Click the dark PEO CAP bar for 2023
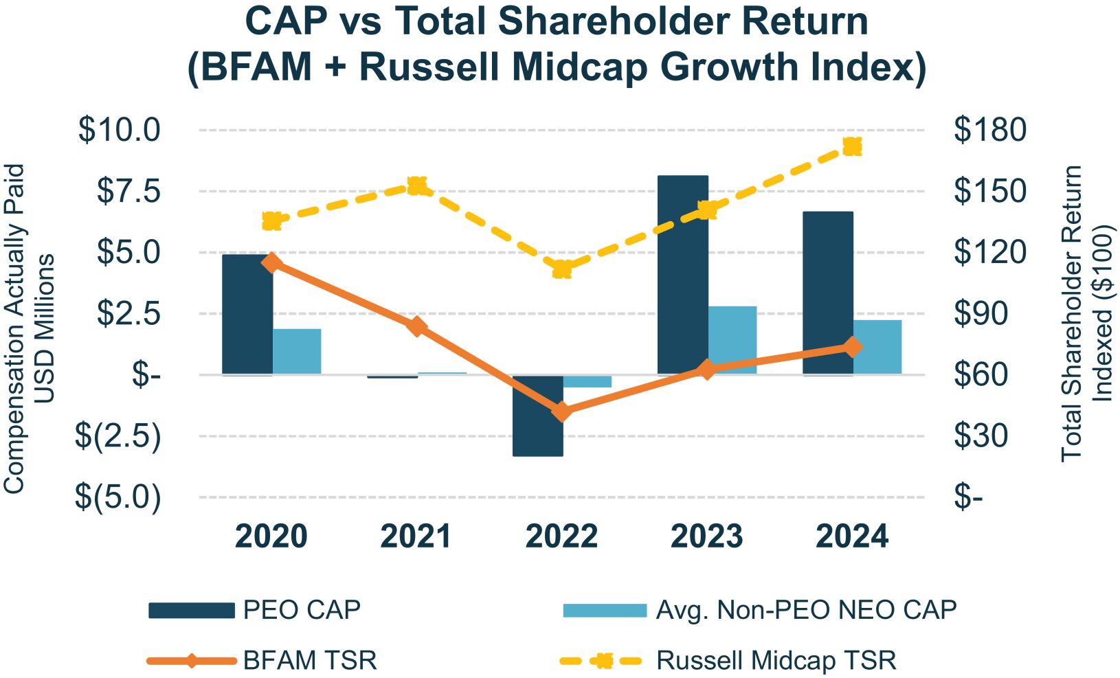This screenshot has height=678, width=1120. point(682,275)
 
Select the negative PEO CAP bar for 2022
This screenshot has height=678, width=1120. point(537,416)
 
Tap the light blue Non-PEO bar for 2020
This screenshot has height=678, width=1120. point(297,351)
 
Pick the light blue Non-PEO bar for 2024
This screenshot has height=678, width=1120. point(877,347)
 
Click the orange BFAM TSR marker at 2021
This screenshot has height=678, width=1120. point(416,326)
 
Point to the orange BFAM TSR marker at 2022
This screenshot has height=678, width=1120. point(562,412)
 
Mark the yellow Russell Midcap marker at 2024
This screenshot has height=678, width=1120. point(852,147)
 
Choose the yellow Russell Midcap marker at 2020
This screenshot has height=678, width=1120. point(272,221)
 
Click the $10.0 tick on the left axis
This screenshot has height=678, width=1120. point(120,130)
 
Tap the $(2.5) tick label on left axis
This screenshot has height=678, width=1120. point(118,436)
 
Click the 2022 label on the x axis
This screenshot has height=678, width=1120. point(561,536)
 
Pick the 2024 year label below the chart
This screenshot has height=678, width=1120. point(852,536)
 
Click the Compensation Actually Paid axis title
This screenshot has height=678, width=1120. point(14,328)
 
